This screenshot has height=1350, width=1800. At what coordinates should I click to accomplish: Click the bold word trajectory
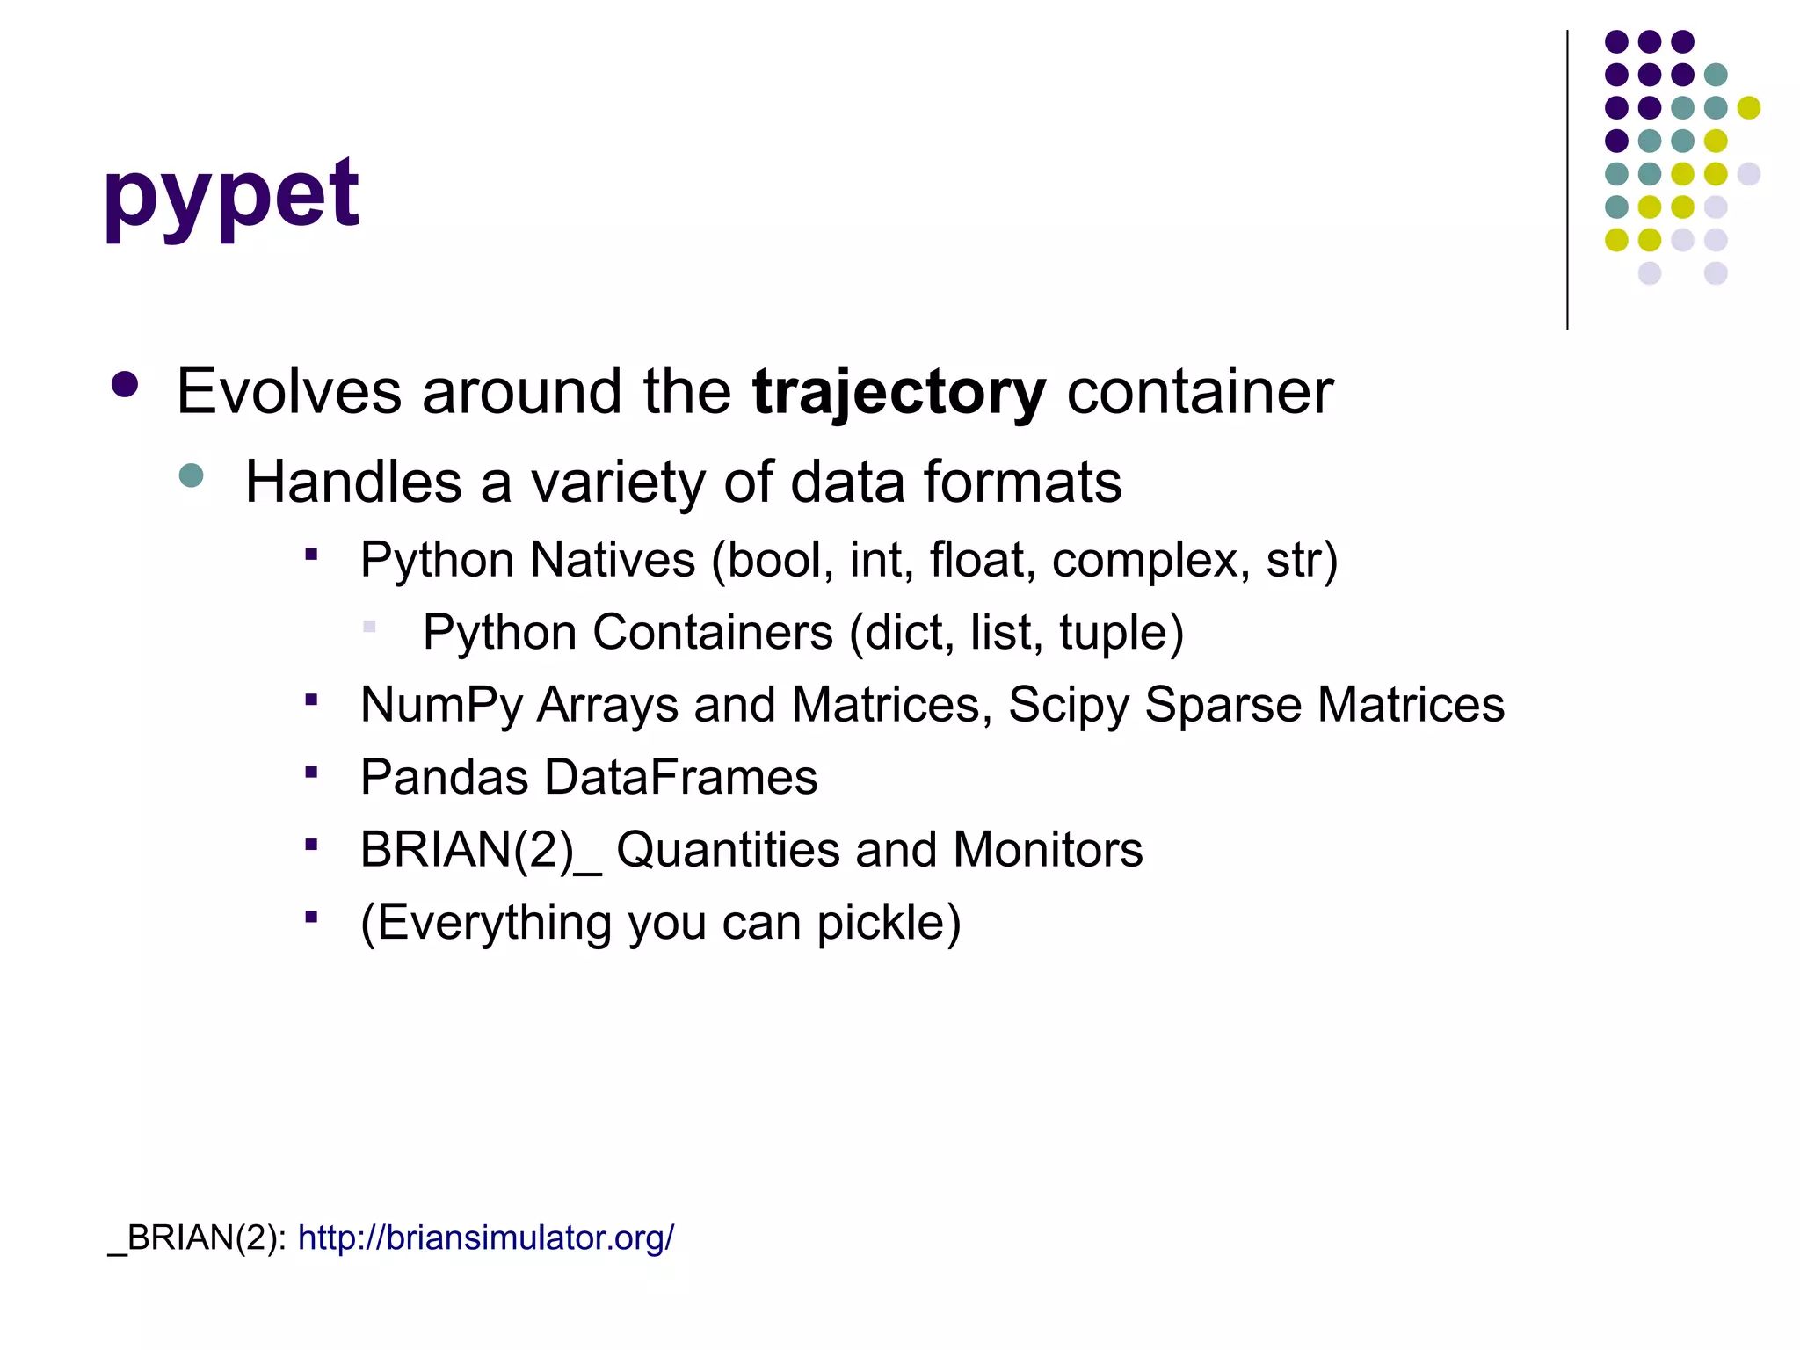tap(898, 392)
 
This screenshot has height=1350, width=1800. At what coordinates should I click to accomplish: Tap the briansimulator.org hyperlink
tap(485, 1237)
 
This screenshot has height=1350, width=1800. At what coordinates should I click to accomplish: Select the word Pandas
tap(444, 777)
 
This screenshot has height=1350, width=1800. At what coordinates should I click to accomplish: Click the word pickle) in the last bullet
tap(889, 923)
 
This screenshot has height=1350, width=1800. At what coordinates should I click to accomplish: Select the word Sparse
tap(1223, 705)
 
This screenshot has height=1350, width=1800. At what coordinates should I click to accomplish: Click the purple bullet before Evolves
tap(126, 385)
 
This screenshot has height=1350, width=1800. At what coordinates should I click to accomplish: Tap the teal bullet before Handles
tap(191, 476)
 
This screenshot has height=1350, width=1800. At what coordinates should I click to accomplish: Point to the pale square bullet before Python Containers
tap(369, 627)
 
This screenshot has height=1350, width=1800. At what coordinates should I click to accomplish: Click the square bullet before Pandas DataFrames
tap(311, 773)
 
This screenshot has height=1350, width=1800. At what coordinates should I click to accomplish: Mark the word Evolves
tap(289, 392)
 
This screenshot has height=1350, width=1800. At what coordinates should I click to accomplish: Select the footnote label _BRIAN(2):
tap(197, 1237)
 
